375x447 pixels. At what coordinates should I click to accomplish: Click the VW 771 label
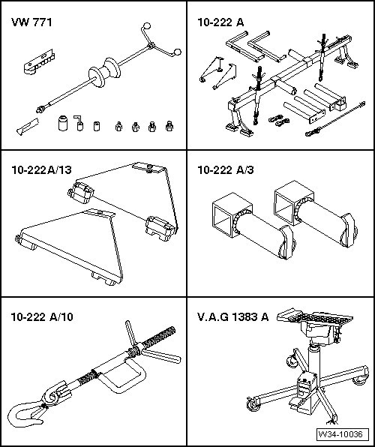tap(31, 22)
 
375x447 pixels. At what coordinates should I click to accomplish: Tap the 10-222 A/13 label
tap(41, 170)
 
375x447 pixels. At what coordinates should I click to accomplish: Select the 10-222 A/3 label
tap(226, 170)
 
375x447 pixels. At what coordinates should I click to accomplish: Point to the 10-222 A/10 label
tap(42, 316)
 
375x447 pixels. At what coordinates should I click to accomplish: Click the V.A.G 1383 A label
tap(233, 316)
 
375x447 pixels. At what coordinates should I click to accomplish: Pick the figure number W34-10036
tap(342, 434)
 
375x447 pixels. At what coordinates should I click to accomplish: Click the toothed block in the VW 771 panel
tap(39, 62)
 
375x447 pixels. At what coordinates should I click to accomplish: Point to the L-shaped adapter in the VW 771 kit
tap(79, 123)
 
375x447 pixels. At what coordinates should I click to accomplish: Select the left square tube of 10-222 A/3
tap(232, 214)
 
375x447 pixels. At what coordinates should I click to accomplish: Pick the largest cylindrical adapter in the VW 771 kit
tap(63, 123)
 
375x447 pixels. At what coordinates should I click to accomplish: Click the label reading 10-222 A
tap(220, 22)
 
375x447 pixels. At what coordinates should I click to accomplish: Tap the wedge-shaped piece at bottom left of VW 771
tap(28, 127)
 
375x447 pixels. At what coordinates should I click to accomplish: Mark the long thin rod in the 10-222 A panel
tap(335, 118)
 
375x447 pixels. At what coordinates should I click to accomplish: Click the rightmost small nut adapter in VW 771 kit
tap(169, 126)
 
